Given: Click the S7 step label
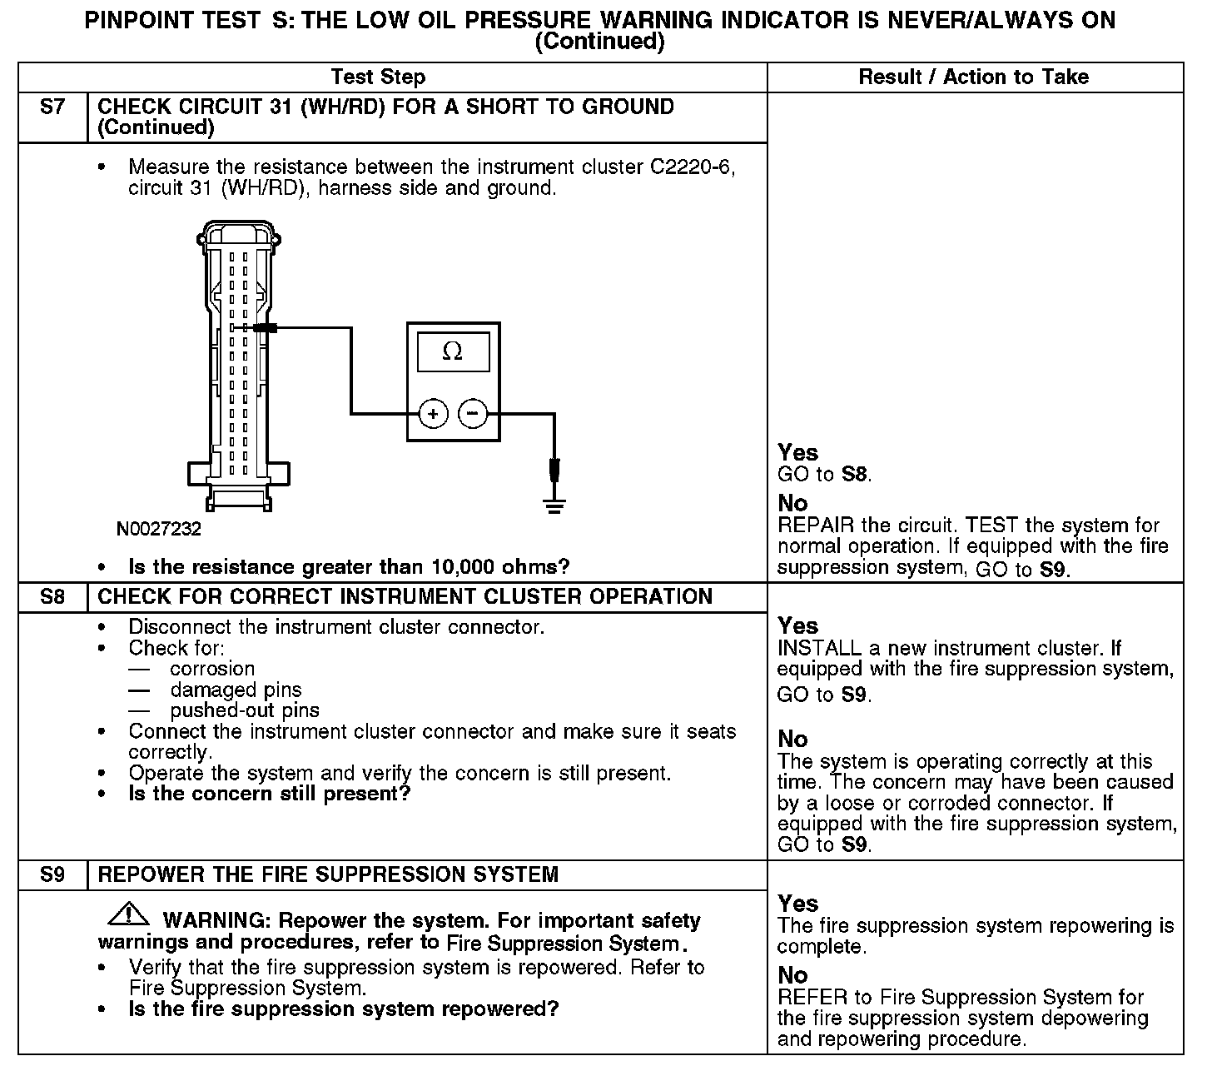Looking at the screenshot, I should click(x=52, y=107).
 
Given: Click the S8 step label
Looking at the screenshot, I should click(x=52, y=597).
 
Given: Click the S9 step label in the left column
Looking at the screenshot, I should click(x=52, y=875).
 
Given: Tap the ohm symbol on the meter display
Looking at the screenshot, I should click(x=452, y=351).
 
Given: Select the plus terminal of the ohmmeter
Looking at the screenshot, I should click(x=433, y=413).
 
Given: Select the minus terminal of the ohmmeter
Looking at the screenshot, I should click(x=473, y=413).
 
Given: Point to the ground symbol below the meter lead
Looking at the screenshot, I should click(x=554, y=503).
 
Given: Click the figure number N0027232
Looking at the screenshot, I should click(x=159, y=530).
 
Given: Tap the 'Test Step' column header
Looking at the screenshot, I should click(x=378, y=77).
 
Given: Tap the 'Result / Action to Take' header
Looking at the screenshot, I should click(x=973, y=77).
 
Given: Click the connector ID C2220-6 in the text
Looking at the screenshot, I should click(x=690, y=167).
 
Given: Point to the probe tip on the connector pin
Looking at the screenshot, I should click(x=266, y=328).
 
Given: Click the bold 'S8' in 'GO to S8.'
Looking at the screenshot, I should click(x=855, y=476).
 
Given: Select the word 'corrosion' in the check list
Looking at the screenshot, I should click(x=212, y=669).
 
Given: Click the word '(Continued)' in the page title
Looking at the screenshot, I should click(x=599, y=42).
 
